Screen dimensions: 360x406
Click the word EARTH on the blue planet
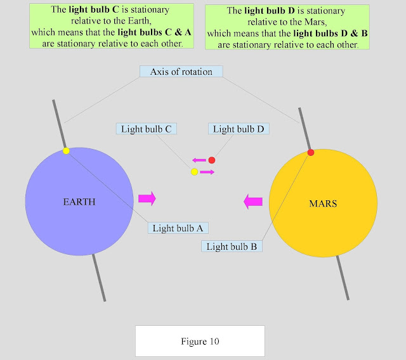point(79,203)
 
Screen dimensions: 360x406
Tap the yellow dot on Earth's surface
point(66,151)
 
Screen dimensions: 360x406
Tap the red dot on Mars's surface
point(311,153)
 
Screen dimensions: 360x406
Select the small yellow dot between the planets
point(195,172)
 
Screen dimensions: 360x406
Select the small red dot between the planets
point(212,160)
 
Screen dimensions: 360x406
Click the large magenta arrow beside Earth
point(146,198)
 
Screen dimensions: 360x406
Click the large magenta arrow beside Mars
point(254,202)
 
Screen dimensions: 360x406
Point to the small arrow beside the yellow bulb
point(207,172)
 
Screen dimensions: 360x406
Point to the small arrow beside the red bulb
point(199,160)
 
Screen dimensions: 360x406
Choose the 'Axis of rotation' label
point(181,71)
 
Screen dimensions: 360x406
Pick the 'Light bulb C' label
point(147,129)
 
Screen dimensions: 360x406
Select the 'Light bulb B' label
point(232,247)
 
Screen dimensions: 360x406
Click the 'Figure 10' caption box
point(199,342)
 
